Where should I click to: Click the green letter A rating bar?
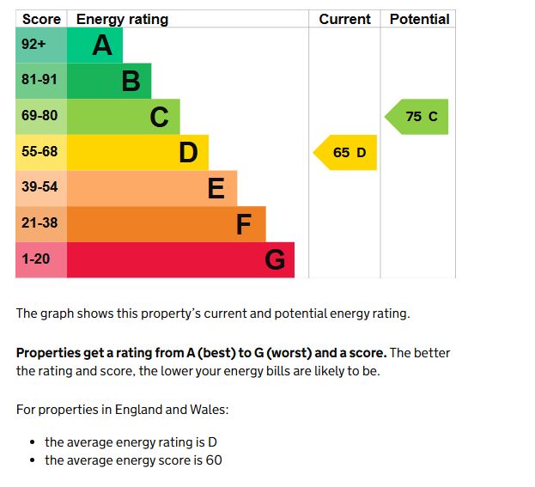coord(94,45)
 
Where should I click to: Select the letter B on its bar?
coord(131,81)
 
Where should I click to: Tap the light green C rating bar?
coord(123,116)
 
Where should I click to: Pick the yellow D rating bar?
coord(137,152)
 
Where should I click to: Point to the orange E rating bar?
coord(151,188)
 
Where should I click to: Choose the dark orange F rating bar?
coord(166,223)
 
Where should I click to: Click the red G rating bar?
coord(180,259)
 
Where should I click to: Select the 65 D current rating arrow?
coord(347,152)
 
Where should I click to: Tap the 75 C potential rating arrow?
coord(418,117)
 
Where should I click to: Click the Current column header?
coord(344,19)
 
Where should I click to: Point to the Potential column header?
coord(419,19)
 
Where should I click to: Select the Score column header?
coord(41,19)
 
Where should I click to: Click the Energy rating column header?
coord(122,19)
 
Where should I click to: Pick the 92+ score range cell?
coord(40,45)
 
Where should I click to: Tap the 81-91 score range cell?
coord(40,81)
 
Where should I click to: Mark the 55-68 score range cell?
coord(40,152)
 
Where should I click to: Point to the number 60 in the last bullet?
coord(214,460)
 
